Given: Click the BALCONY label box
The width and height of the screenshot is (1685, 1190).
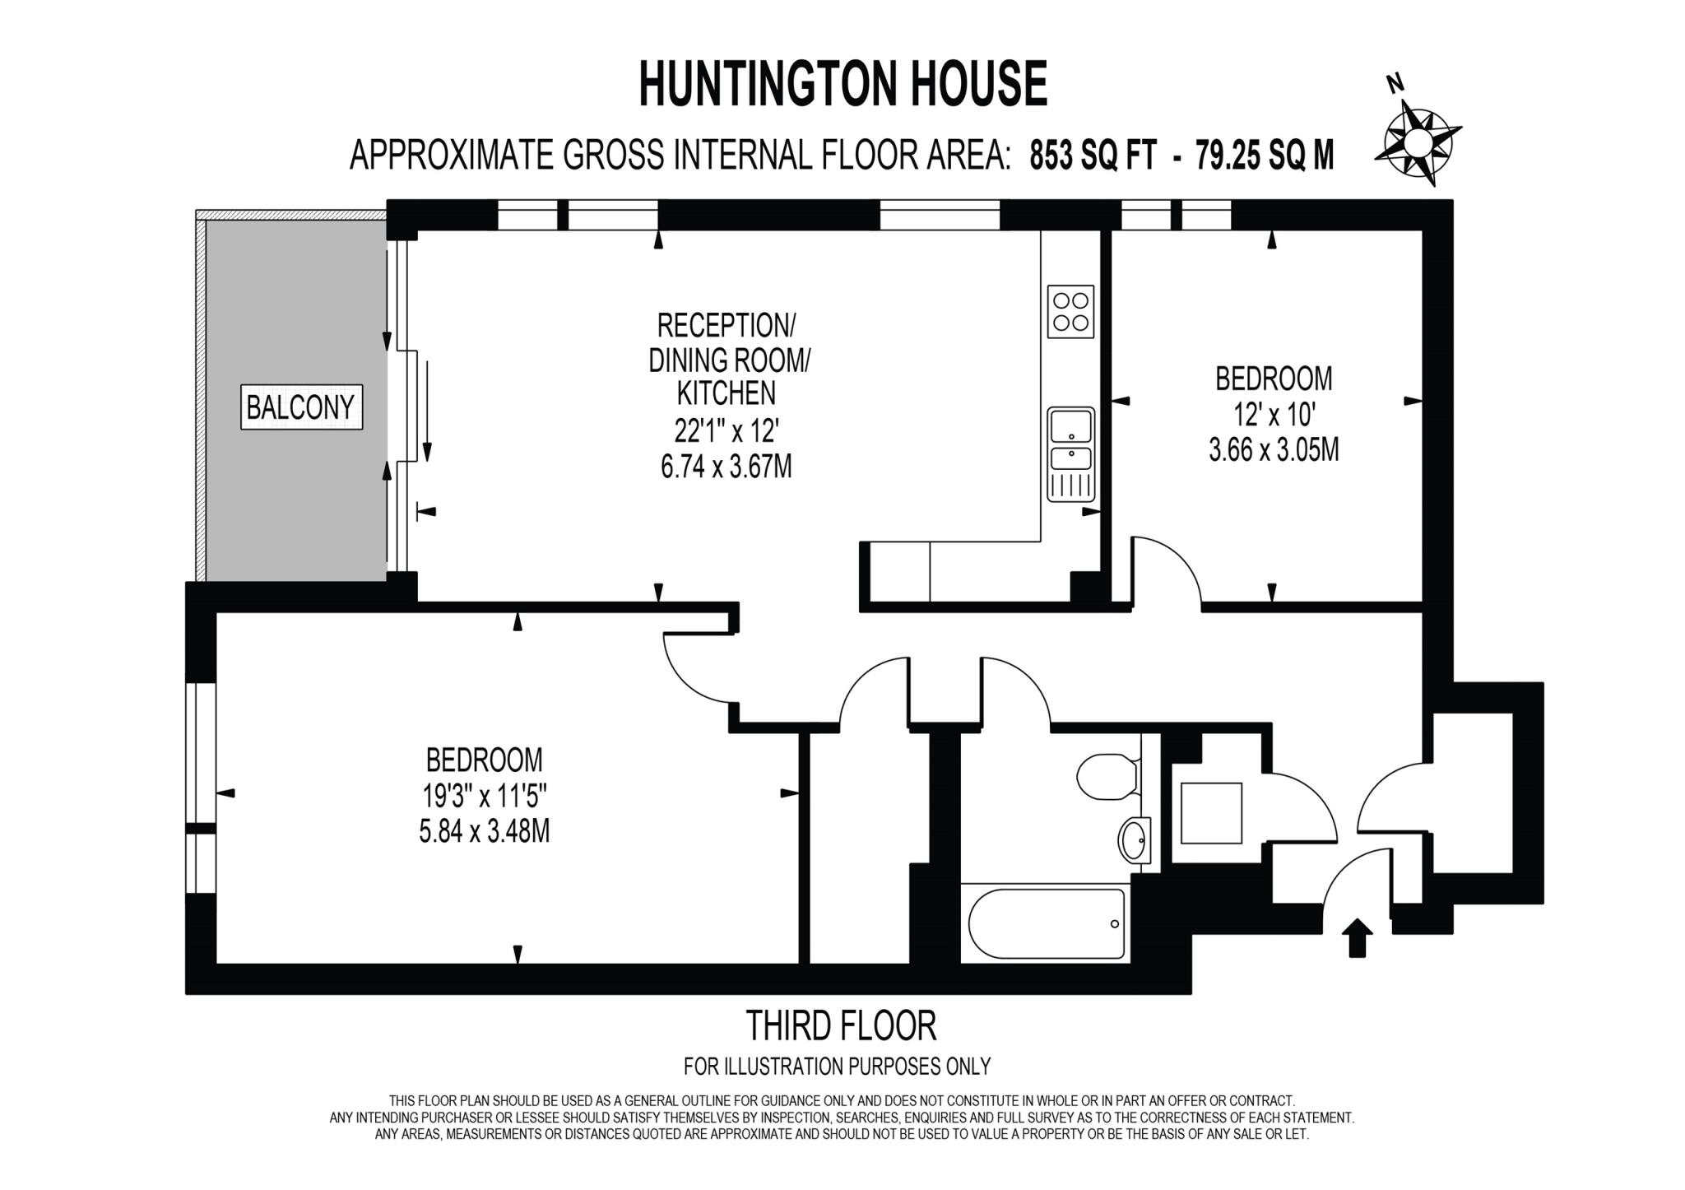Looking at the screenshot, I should (301, 407).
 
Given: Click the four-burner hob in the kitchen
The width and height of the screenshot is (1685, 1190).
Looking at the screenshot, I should (1070, 312).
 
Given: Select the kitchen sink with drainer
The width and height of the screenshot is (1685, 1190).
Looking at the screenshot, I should (1070, 453).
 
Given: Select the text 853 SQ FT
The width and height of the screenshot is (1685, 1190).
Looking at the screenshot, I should (1093, 155).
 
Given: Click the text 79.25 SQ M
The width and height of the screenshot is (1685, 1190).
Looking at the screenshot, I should (1265, 155).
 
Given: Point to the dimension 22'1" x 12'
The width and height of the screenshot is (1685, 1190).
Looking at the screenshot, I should (726, 430).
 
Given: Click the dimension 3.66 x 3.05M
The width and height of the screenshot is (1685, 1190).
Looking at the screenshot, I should (1273, 450).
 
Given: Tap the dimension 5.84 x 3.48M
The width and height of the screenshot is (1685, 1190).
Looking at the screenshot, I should (484, 831).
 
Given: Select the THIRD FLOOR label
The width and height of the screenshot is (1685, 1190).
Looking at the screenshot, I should (841, 1025).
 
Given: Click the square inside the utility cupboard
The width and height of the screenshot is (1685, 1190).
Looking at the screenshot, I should (1211, 813).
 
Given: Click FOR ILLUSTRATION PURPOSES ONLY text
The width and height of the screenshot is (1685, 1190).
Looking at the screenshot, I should (837, 1067).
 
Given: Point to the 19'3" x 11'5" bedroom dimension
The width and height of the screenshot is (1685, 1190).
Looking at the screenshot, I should (484, 796).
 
